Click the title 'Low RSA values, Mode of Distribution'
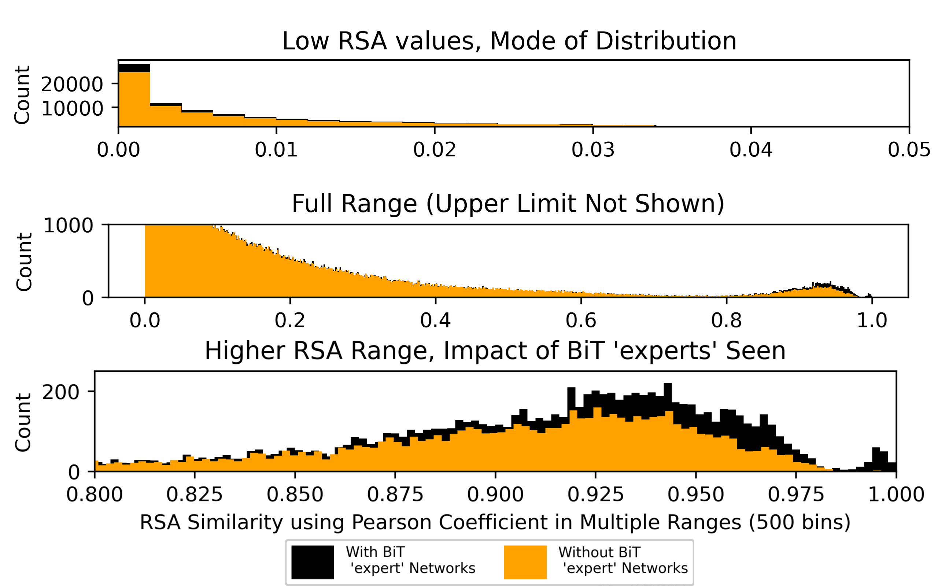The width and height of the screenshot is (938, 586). point(509,41)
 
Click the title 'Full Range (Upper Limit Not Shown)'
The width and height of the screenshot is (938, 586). point(508,204)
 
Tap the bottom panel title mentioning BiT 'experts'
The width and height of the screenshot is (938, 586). point(495,351)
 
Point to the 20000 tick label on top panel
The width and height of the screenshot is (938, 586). point(72,85)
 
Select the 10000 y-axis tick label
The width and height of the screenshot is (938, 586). point(72,108)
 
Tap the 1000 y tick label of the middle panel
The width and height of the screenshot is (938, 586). point(68,226)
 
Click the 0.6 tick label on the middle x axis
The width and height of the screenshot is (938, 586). point(581,320)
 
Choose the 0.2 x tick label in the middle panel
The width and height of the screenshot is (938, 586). point(290,320)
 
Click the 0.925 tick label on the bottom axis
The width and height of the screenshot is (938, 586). point(595,495)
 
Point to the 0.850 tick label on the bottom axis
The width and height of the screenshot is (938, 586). point(295,495)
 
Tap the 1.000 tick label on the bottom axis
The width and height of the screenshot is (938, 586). point(896,495)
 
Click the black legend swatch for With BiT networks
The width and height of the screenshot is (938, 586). point(313,562)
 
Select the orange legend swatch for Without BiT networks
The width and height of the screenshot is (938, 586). point(525,562)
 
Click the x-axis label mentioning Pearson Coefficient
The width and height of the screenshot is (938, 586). point(495,522)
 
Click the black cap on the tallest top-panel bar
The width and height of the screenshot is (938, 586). point(134,68)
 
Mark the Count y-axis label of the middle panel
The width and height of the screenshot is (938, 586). point(24,262)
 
